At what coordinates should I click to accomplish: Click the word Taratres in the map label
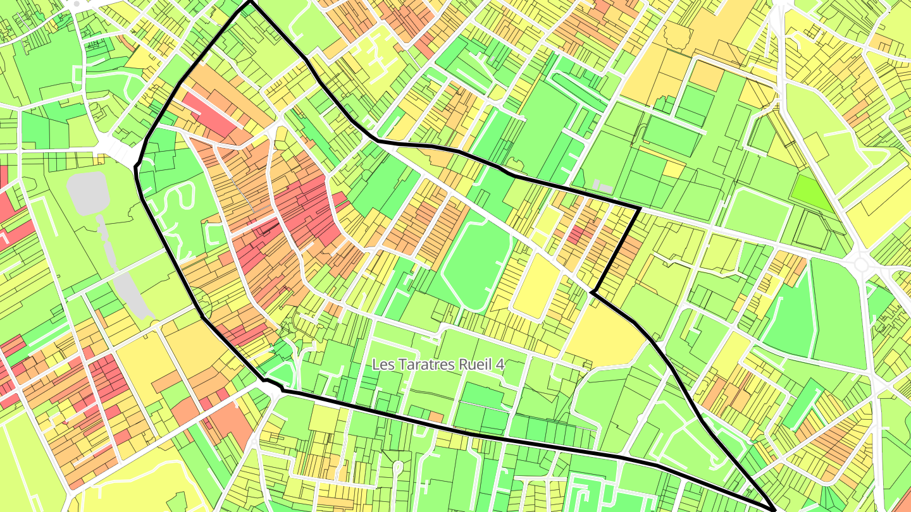coord(420,365)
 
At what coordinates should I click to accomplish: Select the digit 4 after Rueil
coord(499,365)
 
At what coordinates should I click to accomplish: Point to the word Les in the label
coord(381,365)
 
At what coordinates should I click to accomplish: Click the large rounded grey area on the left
coord(88,193)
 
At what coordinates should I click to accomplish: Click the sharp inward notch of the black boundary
coord(593,292)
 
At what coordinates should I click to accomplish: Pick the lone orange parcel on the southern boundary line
coord(436,417)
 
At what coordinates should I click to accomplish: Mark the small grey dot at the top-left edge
coord(77,4)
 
